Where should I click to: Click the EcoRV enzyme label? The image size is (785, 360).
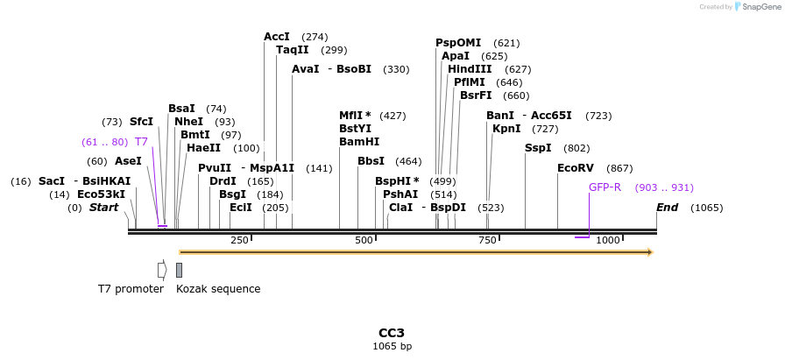(x=576, y=168)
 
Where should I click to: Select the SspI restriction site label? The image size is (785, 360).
(x=538, y=148)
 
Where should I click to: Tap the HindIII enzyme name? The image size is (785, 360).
(x=470, y=69)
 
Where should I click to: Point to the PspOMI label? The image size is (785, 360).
(x=458, y=43)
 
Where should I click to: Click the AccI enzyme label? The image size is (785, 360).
(x=277, y=37)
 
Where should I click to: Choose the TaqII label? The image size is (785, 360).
(x=293, y=50)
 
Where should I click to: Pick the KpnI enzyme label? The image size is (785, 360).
(x=506, y=129)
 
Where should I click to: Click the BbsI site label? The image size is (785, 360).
(x=371, y=161)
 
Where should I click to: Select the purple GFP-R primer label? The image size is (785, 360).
(x=605, y=187)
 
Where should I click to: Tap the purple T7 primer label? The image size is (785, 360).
(x=141, y=142)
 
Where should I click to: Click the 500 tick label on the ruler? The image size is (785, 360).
(x=364, y=240)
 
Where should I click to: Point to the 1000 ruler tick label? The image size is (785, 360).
(x=608, y=240)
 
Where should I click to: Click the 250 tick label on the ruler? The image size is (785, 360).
(x=239, y=240)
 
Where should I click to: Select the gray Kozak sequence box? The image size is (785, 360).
(x=179, y=270)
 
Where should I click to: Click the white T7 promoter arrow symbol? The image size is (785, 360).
(x=162, y=270)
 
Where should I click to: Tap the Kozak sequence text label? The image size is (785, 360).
(x=218, y=289)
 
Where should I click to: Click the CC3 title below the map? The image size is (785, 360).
(x=392, y=333)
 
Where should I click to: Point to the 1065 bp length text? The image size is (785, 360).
(x=392, y=346)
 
